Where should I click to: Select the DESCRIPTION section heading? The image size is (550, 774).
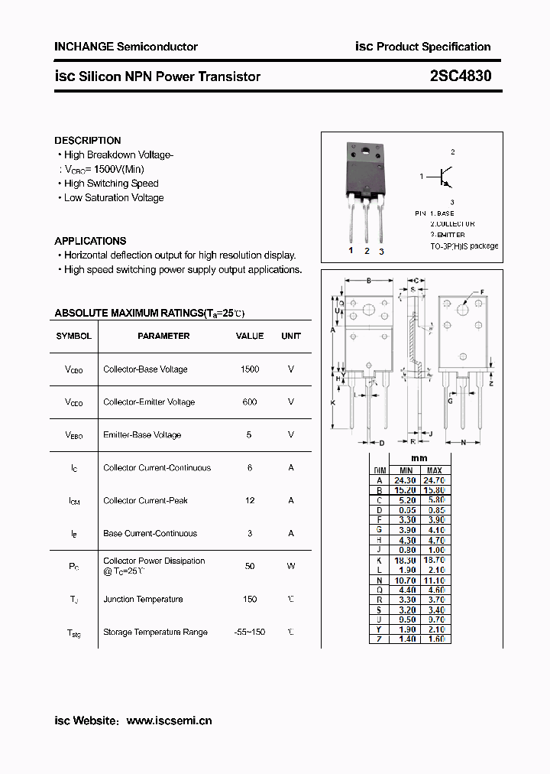87,141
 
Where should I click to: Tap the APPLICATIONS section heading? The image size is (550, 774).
90,241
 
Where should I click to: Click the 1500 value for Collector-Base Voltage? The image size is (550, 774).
250,369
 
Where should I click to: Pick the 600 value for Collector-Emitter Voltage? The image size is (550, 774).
250,402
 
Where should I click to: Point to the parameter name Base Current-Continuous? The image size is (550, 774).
150,534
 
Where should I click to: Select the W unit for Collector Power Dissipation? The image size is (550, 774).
291,566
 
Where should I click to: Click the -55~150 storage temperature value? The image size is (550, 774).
250,633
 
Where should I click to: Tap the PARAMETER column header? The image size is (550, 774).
163,336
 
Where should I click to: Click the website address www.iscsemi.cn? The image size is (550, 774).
169,720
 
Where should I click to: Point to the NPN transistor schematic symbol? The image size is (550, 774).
443,177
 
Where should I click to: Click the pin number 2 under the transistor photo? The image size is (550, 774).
367,251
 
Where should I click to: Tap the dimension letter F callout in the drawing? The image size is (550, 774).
482,292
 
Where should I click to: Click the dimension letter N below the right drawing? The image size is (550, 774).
464,443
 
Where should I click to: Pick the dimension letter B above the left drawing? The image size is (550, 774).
368,281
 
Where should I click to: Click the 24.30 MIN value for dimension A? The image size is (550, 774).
406,480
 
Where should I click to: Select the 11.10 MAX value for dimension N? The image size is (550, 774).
435,580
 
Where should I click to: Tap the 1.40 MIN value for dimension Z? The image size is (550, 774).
406,639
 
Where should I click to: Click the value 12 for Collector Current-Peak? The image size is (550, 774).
250,501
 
